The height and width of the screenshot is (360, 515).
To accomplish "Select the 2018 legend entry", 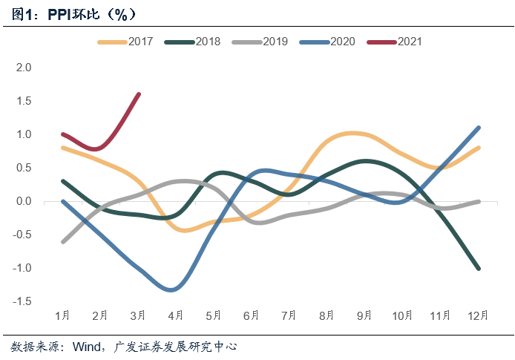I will [x=194, y=42].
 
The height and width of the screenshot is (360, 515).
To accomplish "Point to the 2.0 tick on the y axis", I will [x=24, y=67].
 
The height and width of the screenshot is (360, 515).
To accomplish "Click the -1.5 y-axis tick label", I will [x=22, y=301].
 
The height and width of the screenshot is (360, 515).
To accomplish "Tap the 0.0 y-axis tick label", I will [x=24, y=201].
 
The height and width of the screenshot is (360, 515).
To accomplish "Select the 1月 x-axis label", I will [x=62, y=315].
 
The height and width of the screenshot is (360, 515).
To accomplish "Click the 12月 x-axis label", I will [x=479, y=315].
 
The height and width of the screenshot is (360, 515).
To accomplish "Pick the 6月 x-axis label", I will [x=252, y=315].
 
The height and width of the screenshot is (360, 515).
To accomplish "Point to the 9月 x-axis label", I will [x=365, y=315].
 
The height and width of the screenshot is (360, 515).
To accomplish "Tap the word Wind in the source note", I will [x=88, y=347].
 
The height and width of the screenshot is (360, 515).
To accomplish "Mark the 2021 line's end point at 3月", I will [x=139, y=94].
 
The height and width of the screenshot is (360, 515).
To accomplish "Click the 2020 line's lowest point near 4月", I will [x=172, y=289].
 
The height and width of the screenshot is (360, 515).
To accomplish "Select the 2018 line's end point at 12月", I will [x=479, y=268].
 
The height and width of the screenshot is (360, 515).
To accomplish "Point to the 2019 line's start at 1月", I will [x=62, y=241].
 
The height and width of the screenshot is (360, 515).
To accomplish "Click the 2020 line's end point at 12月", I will [x=479, y=128].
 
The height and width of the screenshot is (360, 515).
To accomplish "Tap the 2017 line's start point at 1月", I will [x=62, y=148].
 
